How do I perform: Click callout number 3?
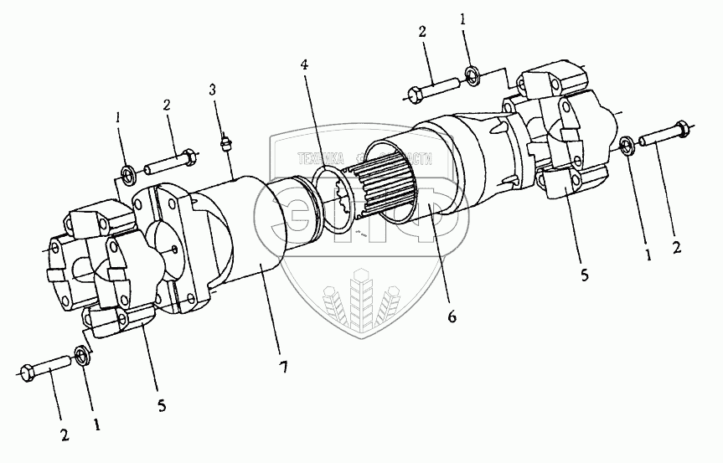213,90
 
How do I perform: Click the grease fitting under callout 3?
225,143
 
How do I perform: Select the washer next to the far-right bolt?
626,147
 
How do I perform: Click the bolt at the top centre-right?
433,87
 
